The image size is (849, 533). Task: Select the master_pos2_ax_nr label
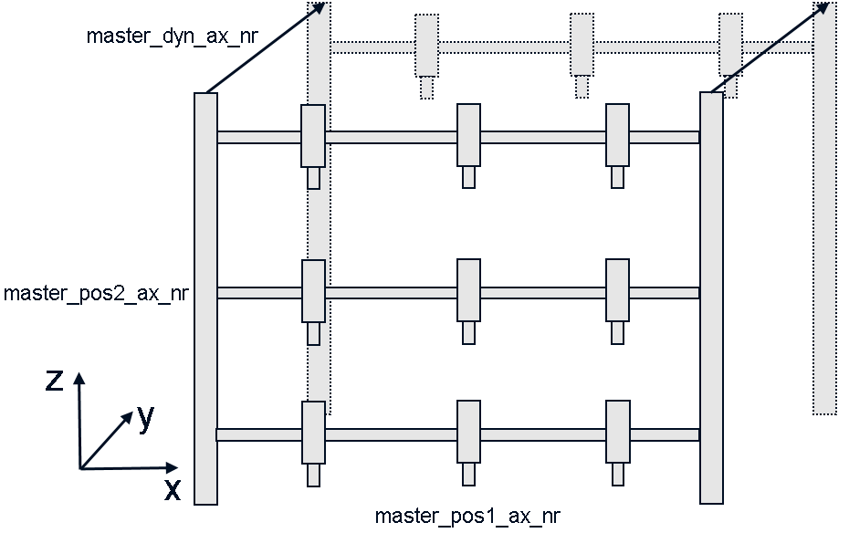[x=95, y=294]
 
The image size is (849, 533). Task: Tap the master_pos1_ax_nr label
[x=467, y=517]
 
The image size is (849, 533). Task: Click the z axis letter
[x=55, y=379]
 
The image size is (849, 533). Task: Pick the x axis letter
[x=172, y=490]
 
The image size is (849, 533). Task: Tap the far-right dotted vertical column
[x=824, y=210]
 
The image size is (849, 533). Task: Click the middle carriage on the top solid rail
[x=468, y=135]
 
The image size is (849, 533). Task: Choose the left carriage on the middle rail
[x=313, y=291]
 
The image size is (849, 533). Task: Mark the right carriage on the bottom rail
[x=618, y=432]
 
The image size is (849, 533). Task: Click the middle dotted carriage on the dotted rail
[x=582, y=45]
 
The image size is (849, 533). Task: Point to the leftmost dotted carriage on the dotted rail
[x=426, y=45]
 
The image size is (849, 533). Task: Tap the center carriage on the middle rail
[x=468, y=291]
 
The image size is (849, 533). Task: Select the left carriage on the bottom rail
[x=313, y=432]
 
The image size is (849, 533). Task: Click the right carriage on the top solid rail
[x=618, y=135]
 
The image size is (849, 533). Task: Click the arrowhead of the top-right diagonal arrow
[x=823, y=8]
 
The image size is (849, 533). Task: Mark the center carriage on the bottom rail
[x=468, y=432]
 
